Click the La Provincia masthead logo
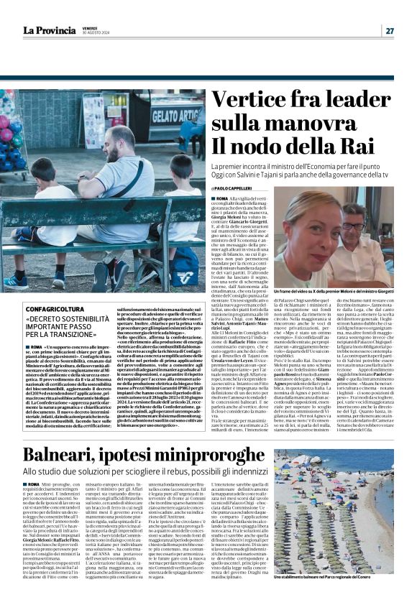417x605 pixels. tap(49, 30)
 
